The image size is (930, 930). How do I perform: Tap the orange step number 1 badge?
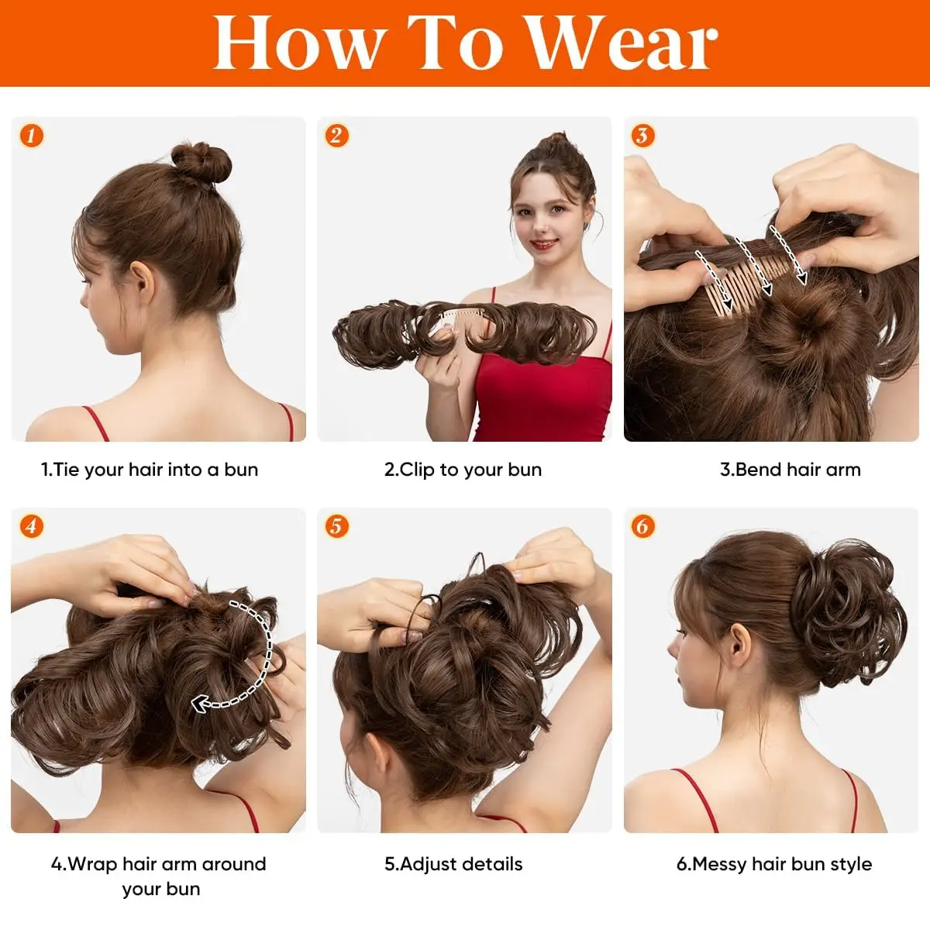[x=31, y=136]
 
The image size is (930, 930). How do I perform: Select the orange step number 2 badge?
[x=336, y=136]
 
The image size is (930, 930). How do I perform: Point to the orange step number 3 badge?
[x=642, y=136]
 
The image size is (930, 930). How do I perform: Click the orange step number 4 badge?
[x=31, y=527]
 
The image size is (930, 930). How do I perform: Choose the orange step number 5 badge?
[x=336, y=527]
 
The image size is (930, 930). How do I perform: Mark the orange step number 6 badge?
[x=642, y=527]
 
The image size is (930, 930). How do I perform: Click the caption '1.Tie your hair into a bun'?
[x=150, y=470]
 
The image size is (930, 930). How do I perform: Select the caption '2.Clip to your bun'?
[x=463, y=470]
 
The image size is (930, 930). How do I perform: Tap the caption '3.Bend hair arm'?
[x=790, y=470]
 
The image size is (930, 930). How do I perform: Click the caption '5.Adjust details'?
[x=453, y=864]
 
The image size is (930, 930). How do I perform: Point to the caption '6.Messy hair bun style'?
[x=773, y=864]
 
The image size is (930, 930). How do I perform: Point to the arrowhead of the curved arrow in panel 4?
[x=201, y=704]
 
